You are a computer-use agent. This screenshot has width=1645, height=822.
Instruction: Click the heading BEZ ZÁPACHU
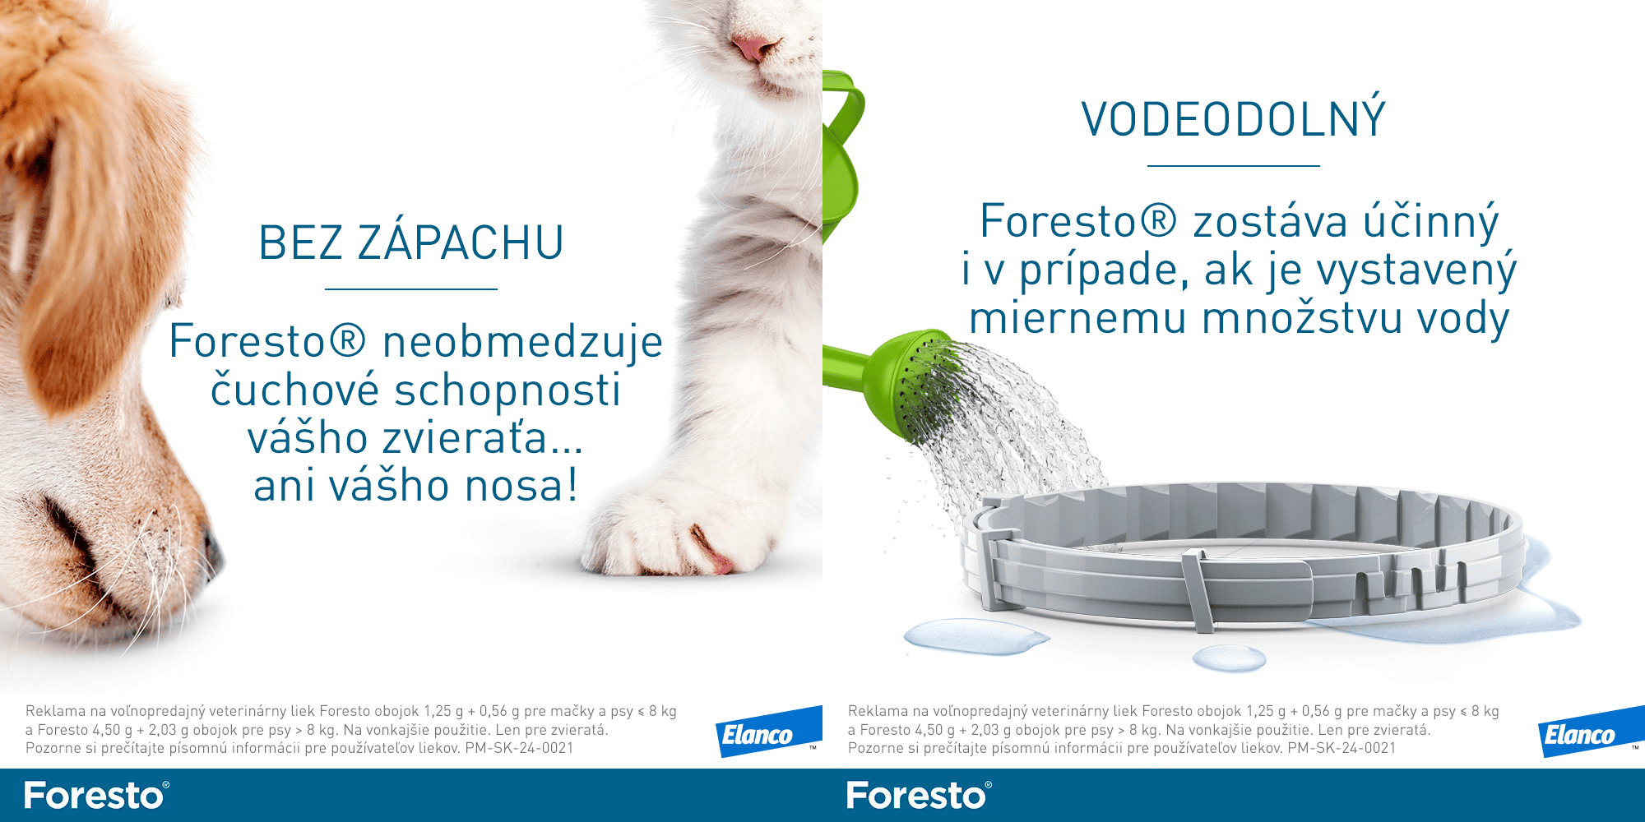[x=411, y=242]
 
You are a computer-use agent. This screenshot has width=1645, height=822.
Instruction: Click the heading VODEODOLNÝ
[x=1234, y=119]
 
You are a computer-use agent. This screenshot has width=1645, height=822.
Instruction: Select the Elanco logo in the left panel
[x=769, y=732]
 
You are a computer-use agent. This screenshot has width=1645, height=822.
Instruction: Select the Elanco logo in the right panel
[x=1592, y=732]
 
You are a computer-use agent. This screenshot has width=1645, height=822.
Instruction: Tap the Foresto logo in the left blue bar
[x=97, y=796]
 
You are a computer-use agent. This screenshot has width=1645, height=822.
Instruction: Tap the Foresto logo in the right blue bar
[x=920, y=796]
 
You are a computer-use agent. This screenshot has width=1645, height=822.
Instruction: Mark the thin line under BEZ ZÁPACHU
[x=411, y=289]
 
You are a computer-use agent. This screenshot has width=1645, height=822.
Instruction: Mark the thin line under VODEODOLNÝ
[x=1234, y=166]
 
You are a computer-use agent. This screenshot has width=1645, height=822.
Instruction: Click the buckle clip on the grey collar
[x=1197, y=590]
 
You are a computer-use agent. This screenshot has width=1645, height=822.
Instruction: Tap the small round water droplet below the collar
[x=1230, y=658]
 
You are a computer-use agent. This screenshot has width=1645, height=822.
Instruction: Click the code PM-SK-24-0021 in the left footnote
[x=519, y=748]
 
